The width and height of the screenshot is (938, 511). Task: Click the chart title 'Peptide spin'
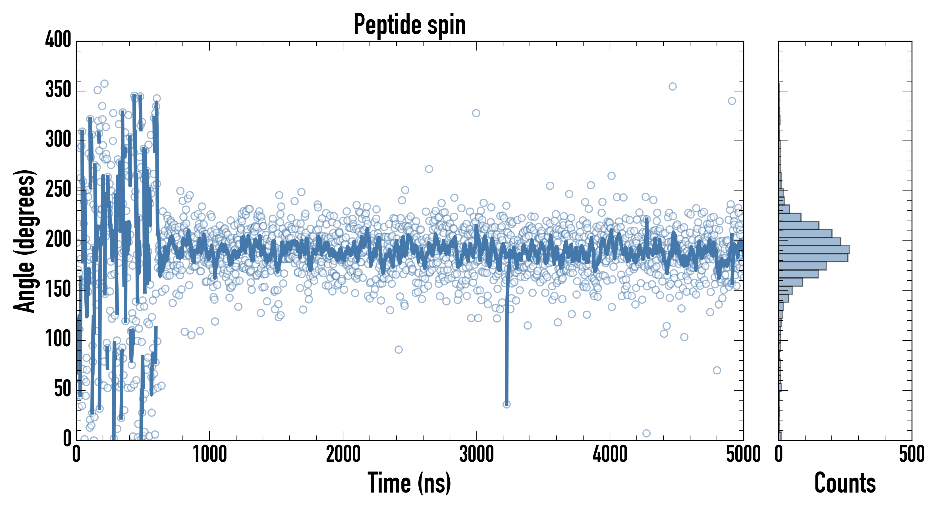tap(410, 25)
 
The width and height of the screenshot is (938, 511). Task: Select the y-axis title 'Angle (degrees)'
tap(24, 241)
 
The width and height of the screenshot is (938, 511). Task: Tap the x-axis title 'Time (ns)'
tap(410, 483)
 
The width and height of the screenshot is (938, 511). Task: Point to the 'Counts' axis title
tap(845, 483)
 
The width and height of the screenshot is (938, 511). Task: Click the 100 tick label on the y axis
tap(58, 340)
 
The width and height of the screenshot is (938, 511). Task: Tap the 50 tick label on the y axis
tap(63, 389)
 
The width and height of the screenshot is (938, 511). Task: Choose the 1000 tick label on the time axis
tap(210, 455)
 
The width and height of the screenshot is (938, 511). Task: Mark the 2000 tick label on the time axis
tap(343, 455)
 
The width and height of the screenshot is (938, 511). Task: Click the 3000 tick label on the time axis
tap(476, 455)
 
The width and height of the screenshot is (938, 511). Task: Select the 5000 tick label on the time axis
tap(743, 455)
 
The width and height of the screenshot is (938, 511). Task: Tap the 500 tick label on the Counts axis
tap(911, 455)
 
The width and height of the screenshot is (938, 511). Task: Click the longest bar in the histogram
tap(814, 250)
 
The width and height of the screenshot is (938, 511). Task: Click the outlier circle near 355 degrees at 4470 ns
tap(673, 87)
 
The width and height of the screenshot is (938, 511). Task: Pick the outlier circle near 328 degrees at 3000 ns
tap(476, 113)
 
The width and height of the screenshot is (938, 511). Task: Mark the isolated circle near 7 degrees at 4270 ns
tap(646, 433)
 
